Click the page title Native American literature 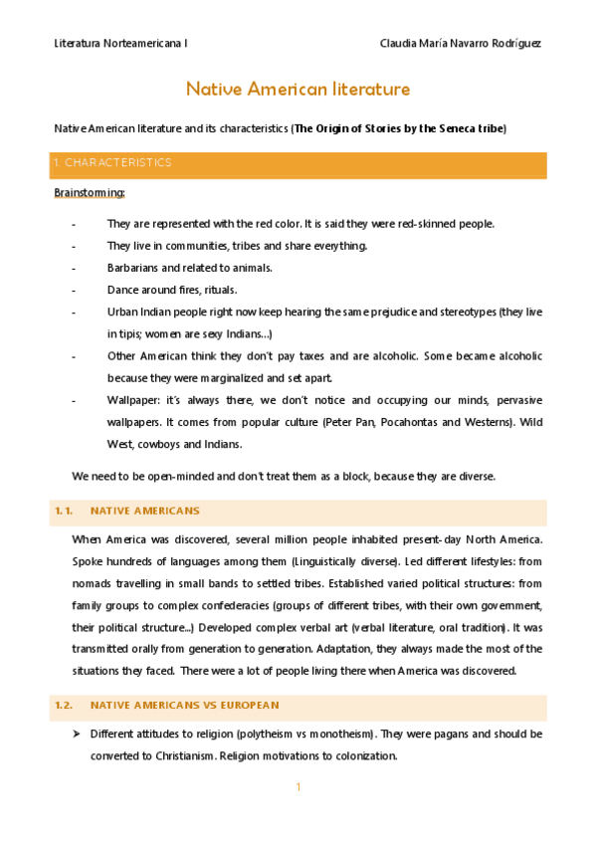pyautogui.click(x=298, y=90)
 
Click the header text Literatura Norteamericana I pyautogui.click(x=120, y=44)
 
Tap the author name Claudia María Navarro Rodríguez pyautogui.click(x=461, y=44)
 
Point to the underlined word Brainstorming pyautogui.click(x=90, y=192)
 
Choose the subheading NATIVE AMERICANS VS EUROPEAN pyautogui.click(x=184, y=706)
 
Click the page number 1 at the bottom pyautogui.click(x=298, y=788)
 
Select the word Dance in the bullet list pyautogui.click(x=123, y=290)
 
